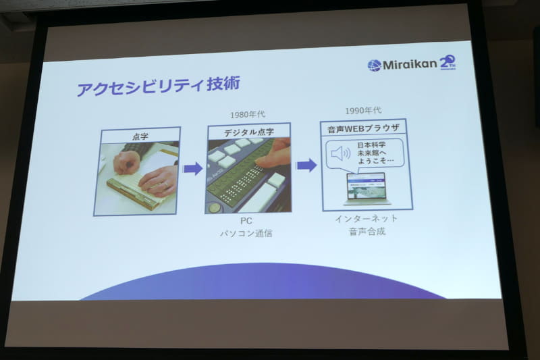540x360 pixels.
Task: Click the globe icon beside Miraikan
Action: pyautogui.click(x=374, y=66)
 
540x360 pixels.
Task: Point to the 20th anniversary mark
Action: pyautogui.click(x=448, y=63)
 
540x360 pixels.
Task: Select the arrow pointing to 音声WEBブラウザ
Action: pyautogui.click(x=306, y=165)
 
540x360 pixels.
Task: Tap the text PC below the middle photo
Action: pyautogui.click(x=247, y=221)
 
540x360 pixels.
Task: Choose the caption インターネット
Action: pyautogui.click(x=366, y=219)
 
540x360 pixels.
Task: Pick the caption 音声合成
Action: pyautogui.click(x=366, y=232)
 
